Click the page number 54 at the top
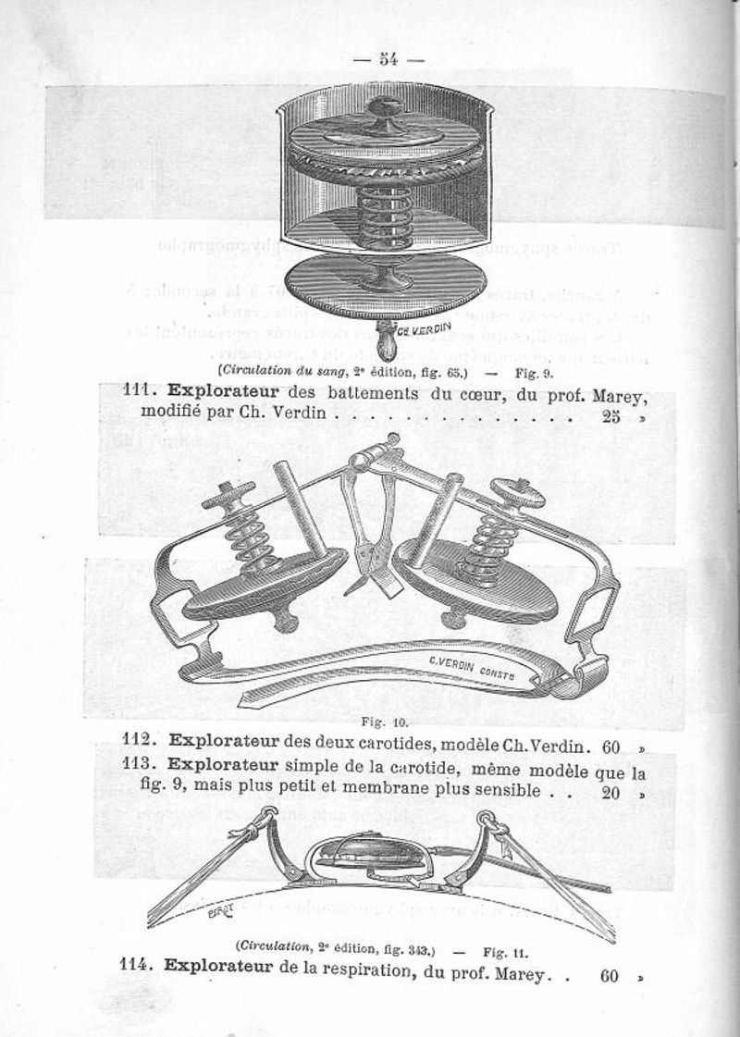pyautogui.click(x=388, y=60)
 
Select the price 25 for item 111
pyautogui.click(x=610, y=415)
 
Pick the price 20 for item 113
pyautogui.click(x=610, y=792)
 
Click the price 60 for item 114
pyautogui.click(x=609, y=975)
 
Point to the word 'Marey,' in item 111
pyautogui.click(x=615, y=398)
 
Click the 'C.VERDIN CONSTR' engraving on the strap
pyautogui.click(x=474, y=663)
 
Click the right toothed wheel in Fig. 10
pyautogui.click(x=517, y=491)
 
